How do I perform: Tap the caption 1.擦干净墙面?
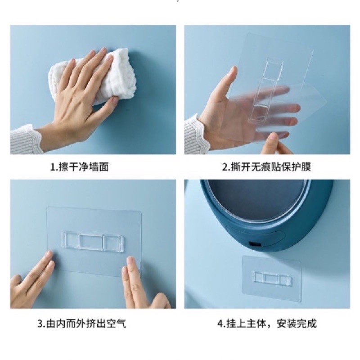tap(79, 167)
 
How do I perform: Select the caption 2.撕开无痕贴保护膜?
tap(266, 167)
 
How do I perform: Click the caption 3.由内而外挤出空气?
tap(81, 324)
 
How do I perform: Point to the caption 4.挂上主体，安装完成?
tap(267, 324)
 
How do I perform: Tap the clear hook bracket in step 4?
tap(272, 278)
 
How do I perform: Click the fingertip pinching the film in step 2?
tap(274, 137)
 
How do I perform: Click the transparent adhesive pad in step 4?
tap(271, 278)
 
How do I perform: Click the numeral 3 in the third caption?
tap(40, 324)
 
